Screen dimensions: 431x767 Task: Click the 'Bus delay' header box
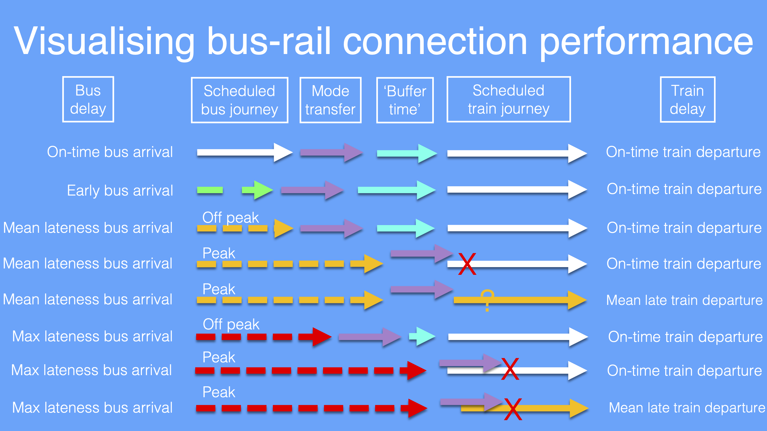[x=88, y=99]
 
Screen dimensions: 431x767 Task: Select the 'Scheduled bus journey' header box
[x=239, y=100]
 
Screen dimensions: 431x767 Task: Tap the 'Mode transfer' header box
[x=330, y=100]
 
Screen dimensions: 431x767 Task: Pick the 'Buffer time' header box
[x=405, y=100]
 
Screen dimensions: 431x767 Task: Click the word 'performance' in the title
[x=646, y=42]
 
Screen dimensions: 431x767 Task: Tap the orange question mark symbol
[x=487, y=299]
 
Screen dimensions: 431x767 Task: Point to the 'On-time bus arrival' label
[x=110, y=152]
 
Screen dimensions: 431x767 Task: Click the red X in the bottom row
[x=513, y=409]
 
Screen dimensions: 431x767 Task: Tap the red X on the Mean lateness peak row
[x=467, y=264]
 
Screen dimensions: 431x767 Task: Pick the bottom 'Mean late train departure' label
[x=687, y=408]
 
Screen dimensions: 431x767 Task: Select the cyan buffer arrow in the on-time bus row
[x=406, y=154]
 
